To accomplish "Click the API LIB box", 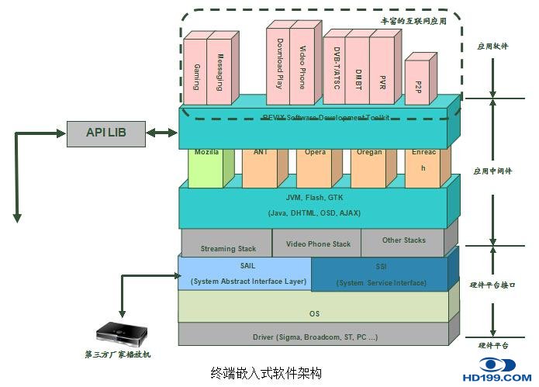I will pos(105,133).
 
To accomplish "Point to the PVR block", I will pos(382,74).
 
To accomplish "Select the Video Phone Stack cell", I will pos(317,244).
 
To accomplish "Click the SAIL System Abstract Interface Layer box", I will pos(245,274).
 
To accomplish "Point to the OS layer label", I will pos(314,313).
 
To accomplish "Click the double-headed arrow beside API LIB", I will pos(162,133).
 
